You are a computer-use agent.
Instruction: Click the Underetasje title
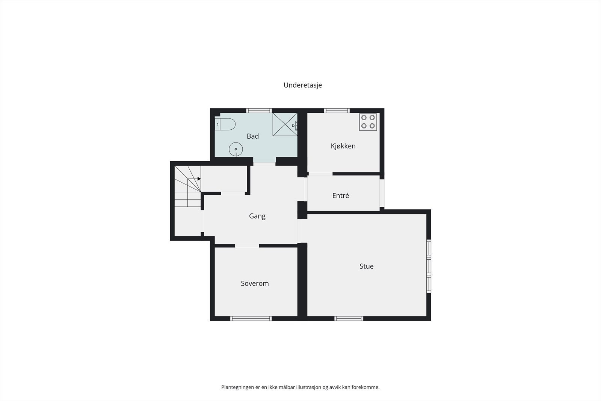303,85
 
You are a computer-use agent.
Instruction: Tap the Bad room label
253,136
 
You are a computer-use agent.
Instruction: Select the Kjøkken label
343,146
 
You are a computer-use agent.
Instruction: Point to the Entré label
341,195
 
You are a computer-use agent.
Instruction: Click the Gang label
257,216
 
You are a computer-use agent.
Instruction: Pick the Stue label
367,266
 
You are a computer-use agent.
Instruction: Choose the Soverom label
255,283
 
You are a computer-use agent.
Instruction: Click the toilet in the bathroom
225,124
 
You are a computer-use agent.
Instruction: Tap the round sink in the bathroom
236,149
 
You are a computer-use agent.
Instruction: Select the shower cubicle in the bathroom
285,124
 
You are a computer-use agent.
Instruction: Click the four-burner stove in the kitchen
368,122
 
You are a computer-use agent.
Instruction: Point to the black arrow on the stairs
199,179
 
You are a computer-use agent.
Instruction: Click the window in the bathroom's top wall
259,110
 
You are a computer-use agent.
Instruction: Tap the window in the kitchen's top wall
337,110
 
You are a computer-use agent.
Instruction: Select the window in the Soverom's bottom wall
251,318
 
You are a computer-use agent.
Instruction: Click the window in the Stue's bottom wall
349,318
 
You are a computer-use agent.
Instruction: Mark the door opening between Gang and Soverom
247,246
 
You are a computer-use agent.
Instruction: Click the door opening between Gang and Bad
264,164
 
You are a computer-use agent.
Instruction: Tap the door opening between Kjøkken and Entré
320,174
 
